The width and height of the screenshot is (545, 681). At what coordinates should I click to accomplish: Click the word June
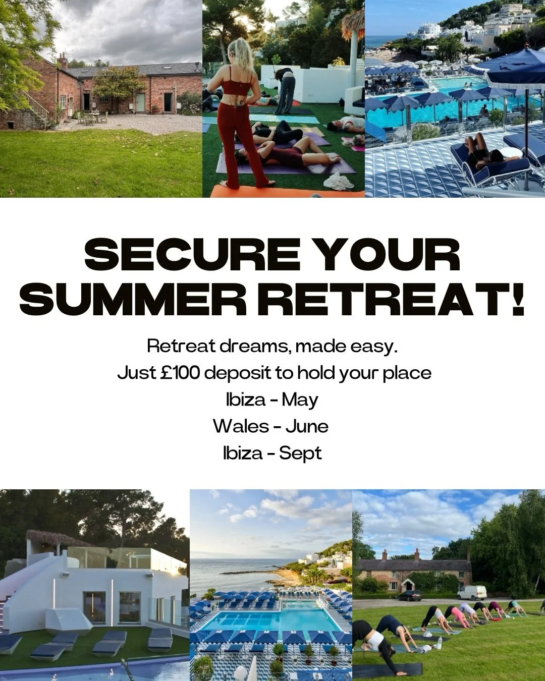(307, 426)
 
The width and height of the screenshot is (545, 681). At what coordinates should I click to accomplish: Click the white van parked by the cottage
(472, 592)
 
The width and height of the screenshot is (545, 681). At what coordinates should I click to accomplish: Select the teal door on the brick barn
(140, 102)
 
